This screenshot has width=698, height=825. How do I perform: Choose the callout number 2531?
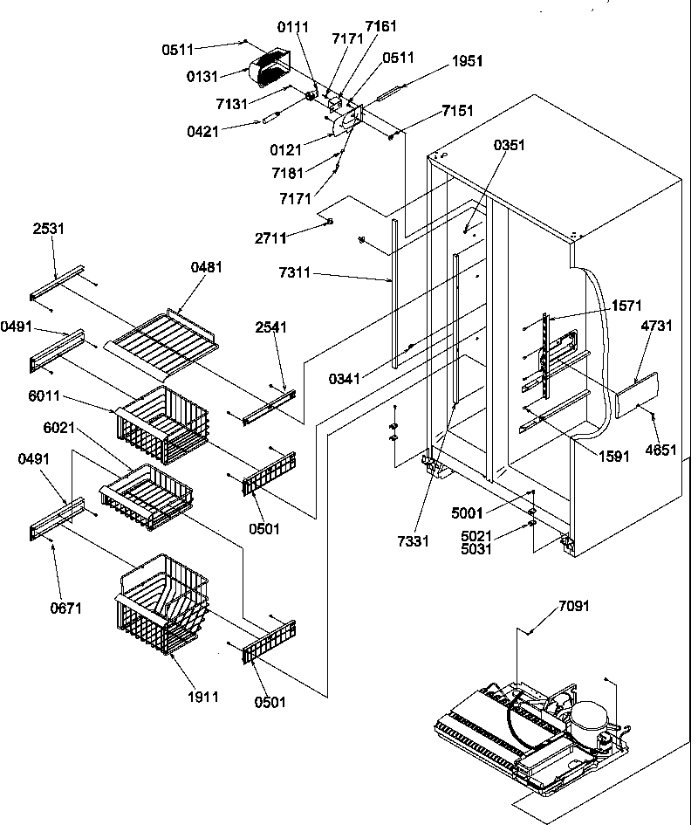[49, 229]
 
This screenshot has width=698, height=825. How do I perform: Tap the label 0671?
[66, 608]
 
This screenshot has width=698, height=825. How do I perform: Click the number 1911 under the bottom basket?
[202, 697]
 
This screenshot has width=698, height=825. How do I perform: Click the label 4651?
[661, 450]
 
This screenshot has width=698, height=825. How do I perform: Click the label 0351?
[510, 146]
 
